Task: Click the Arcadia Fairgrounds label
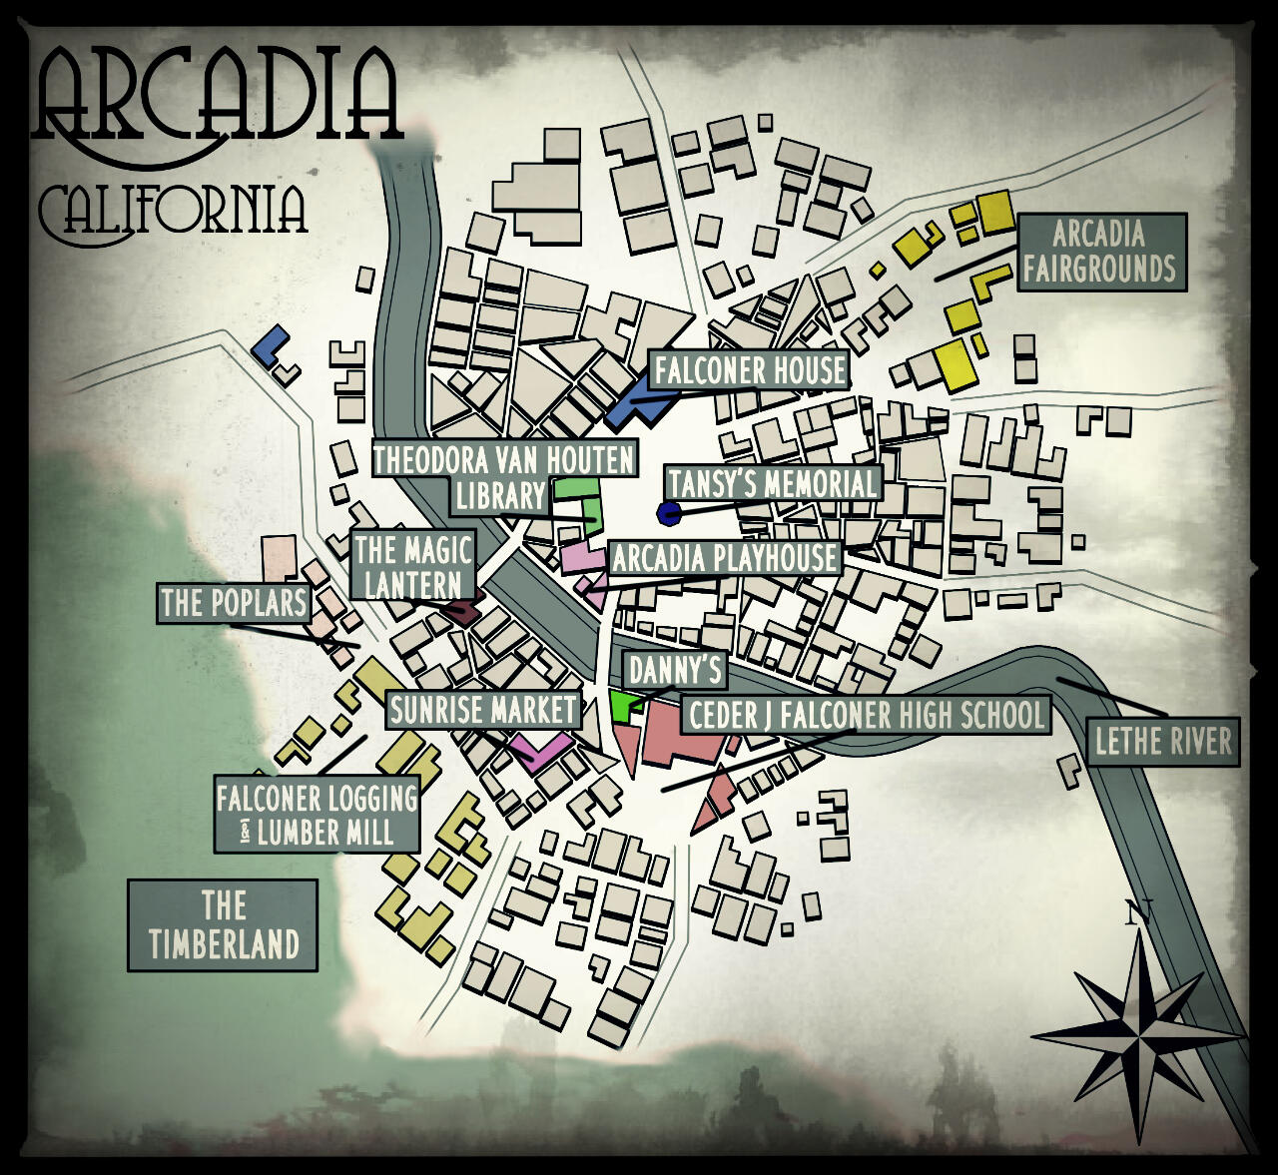[x=1101, y=252]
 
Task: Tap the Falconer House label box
[x=749, y=370]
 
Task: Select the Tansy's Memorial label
[x=774, y=484]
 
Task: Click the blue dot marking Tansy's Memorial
[x=668, y=513]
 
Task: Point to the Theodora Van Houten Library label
[x=503, y=477]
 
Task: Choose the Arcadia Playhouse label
[x=724, y=558]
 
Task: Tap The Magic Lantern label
[x=411, y=566]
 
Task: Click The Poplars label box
[x=233, y=603]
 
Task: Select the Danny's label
[x=674, y=670]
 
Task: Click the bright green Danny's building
[x=622, y=706]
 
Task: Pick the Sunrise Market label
[x=483, y=710]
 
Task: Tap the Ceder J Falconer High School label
[x=866, y=715]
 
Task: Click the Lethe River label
[x=1163, y=742]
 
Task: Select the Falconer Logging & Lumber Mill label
[x=317, y=815]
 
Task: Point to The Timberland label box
[x=223, y=924]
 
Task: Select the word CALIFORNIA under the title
[x=172, y=210]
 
